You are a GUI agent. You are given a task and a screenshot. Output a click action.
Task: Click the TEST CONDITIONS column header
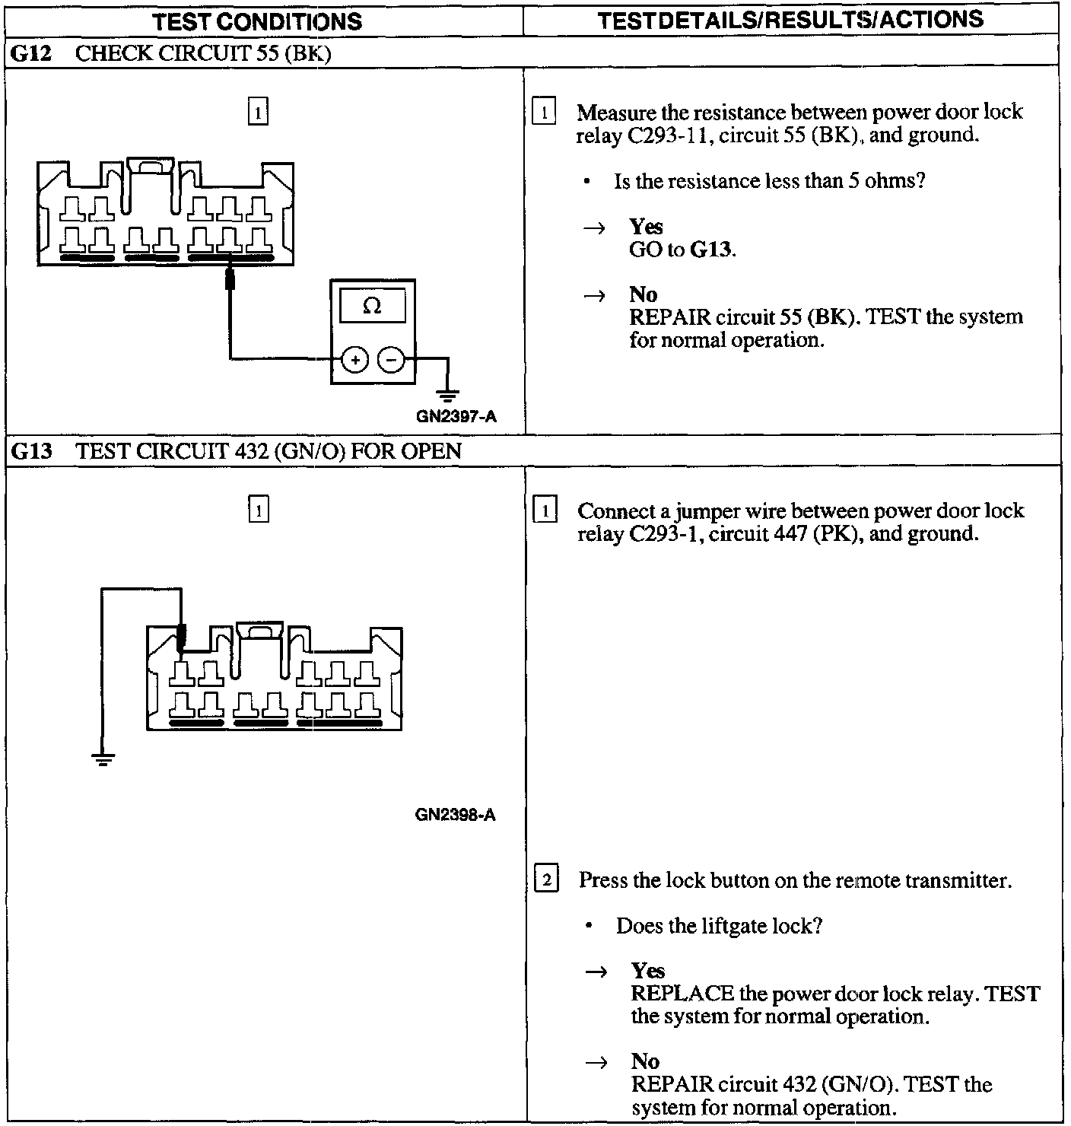click(257, 21)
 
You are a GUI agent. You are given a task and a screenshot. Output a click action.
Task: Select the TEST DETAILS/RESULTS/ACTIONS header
click(790, 20)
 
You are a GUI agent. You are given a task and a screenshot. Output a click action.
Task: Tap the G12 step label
click(31, 54)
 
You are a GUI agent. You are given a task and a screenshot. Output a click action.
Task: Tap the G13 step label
click(32, 451)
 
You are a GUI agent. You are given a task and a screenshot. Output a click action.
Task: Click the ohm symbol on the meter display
click(372, 306)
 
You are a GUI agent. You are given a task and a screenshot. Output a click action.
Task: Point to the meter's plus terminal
click(354, 359)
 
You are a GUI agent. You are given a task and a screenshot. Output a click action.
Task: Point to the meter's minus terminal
click(391, 359)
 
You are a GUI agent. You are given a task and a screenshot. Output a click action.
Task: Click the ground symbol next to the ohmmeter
click(448, 393)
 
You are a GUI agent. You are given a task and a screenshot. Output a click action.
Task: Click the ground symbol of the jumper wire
click(103, 759)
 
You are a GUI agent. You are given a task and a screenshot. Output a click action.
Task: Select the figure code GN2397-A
click(456, 416)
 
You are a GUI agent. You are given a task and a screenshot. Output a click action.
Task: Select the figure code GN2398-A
click(456, 815)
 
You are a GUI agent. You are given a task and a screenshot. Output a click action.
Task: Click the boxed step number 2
click(547, 880)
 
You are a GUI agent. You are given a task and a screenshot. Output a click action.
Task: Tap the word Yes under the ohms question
click(646, 227)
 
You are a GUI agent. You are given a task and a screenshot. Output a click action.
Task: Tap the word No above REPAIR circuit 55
click(643, 294)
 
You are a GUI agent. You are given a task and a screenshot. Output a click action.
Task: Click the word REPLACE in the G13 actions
click(682, 994)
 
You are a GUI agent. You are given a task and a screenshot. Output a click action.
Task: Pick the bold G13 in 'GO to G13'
click(711, 250)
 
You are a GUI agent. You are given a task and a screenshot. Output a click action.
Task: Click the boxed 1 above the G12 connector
click(259, 113)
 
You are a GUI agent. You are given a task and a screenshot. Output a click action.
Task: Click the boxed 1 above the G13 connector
click(259, 509)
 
